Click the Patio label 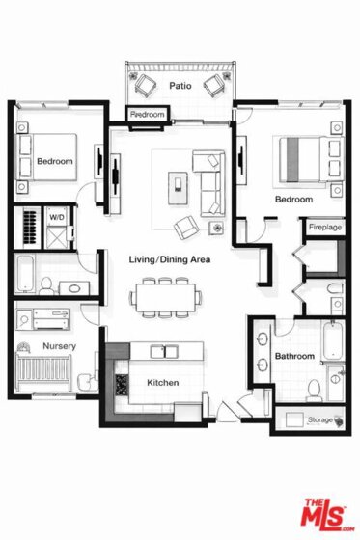click(180, 86)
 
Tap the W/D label click(57, 217)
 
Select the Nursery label click(59, 346)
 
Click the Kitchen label click(163, 383)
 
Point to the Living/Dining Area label click(170, 259)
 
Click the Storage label click(320, 419)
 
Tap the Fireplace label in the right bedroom click(325, 228)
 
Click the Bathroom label click(294, 356)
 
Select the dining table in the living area click(165, 297)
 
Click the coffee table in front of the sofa click(178, 188)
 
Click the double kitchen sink click(164, 352)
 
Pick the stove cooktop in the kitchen click(122, 385)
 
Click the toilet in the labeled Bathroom click(314, 391)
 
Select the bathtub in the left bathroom click(25, 273)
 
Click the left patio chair click(145, 85)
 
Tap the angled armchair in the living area click(185, 228)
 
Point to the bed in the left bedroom click(48, 157)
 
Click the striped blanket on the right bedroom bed click(292, 159)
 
